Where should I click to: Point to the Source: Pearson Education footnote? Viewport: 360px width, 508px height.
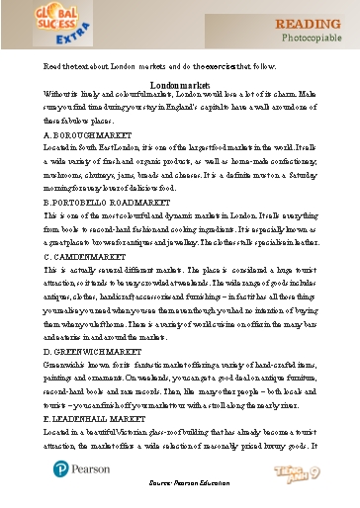tap(180, 499)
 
